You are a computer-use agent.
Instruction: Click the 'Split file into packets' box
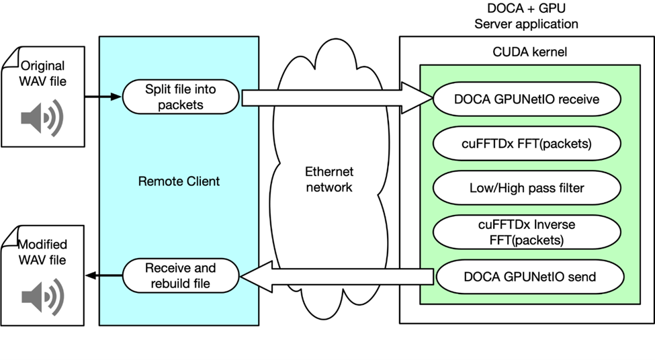tap(181, 97)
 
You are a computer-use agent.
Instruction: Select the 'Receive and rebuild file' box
tap(181, 276)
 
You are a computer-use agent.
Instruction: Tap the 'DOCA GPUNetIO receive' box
tap(527, 99)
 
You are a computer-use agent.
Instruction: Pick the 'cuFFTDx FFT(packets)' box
tap(527, 144)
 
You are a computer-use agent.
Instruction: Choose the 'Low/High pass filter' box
tap(527, 188)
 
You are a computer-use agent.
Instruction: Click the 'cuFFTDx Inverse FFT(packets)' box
tap(527, 232)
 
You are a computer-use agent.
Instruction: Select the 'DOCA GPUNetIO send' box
tap(529, 276)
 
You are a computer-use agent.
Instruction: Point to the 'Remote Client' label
tap(179, 181)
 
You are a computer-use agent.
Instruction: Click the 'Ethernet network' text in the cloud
tap(329, 179)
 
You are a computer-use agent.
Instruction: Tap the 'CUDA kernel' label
tap(525, 52)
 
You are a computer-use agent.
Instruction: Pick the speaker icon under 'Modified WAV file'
tap(42, 296)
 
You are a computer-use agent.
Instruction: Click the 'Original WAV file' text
tap(43, 74)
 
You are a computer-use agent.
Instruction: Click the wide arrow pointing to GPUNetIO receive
tap(336, 98)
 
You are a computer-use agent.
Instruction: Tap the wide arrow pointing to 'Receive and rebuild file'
tap(336, 277)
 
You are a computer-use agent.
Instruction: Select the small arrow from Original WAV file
tap(103, 97)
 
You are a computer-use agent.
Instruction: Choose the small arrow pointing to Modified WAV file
tap(103, 275)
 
